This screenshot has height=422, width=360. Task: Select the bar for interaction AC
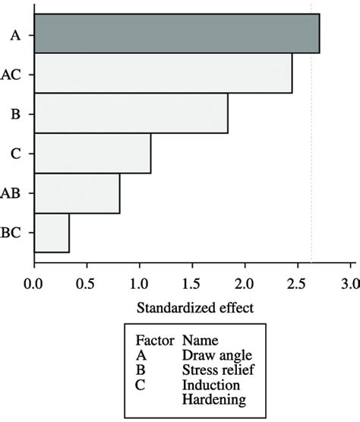coord(163,73)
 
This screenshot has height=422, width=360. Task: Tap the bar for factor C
coord(92,153)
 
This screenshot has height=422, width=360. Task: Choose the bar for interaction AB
coord(77,193)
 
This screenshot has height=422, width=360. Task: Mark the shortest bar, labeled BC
coord(52,233)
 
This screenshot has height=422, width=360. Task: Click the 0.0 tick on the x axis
coord(33,287)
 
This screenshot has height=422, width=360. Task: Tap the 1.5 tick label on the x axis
coord(192,287)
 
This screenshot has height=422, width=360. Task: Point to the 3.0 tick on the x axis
coord(350,287)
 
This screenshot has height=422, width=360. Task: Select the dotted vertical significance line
coord(311,152)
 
